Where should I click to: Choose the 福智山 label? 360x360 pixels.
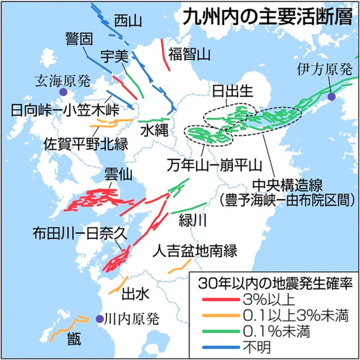click(190, 54)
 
